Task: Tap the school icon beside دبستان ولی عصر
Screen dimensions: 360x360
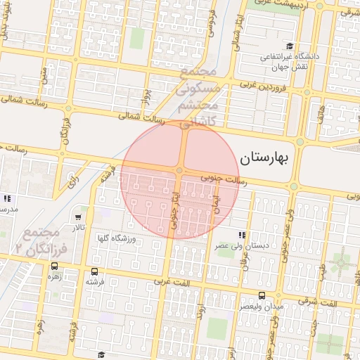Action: [242, 235]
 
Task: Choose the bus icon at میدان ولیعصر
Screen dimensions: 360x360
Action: [262, 296]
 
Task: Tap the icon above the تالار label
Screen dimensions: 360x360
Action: [77, 217]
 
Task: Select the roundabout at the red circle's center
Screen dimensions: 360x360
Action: [180, 171]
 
